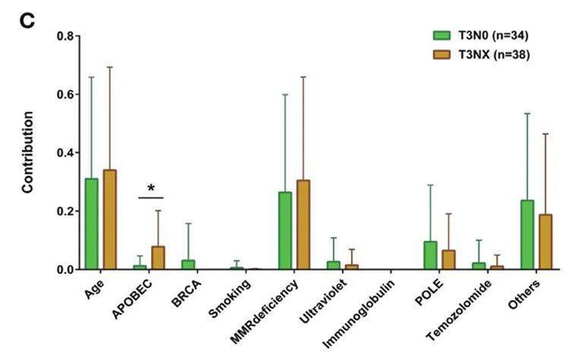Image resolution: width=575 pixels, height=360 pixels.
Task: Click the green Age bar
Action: click(91, 224)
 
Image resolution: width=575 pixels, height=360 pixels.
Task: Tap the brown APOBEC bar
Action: click(158, 257)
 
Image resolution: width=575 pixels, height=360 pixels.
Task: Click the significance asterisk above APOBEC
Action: click(151, 188)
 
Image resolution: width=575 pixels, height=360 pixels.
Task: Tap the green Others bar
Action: click(526, 235)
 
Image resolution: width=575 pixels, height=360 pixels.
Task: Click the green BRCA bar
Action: click(188, 264)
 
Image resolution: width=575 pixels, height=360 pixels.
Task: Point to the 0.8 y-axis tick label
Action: click(65, 36)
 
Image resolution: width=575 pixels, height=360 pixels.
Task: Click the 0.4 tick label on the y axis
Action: click(65, 153)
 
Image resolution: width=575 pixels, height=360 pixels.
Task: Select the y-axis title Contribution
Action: click(28, 152)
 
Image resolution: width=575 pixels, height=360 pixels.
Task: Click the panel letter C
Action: click(27, 20)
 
